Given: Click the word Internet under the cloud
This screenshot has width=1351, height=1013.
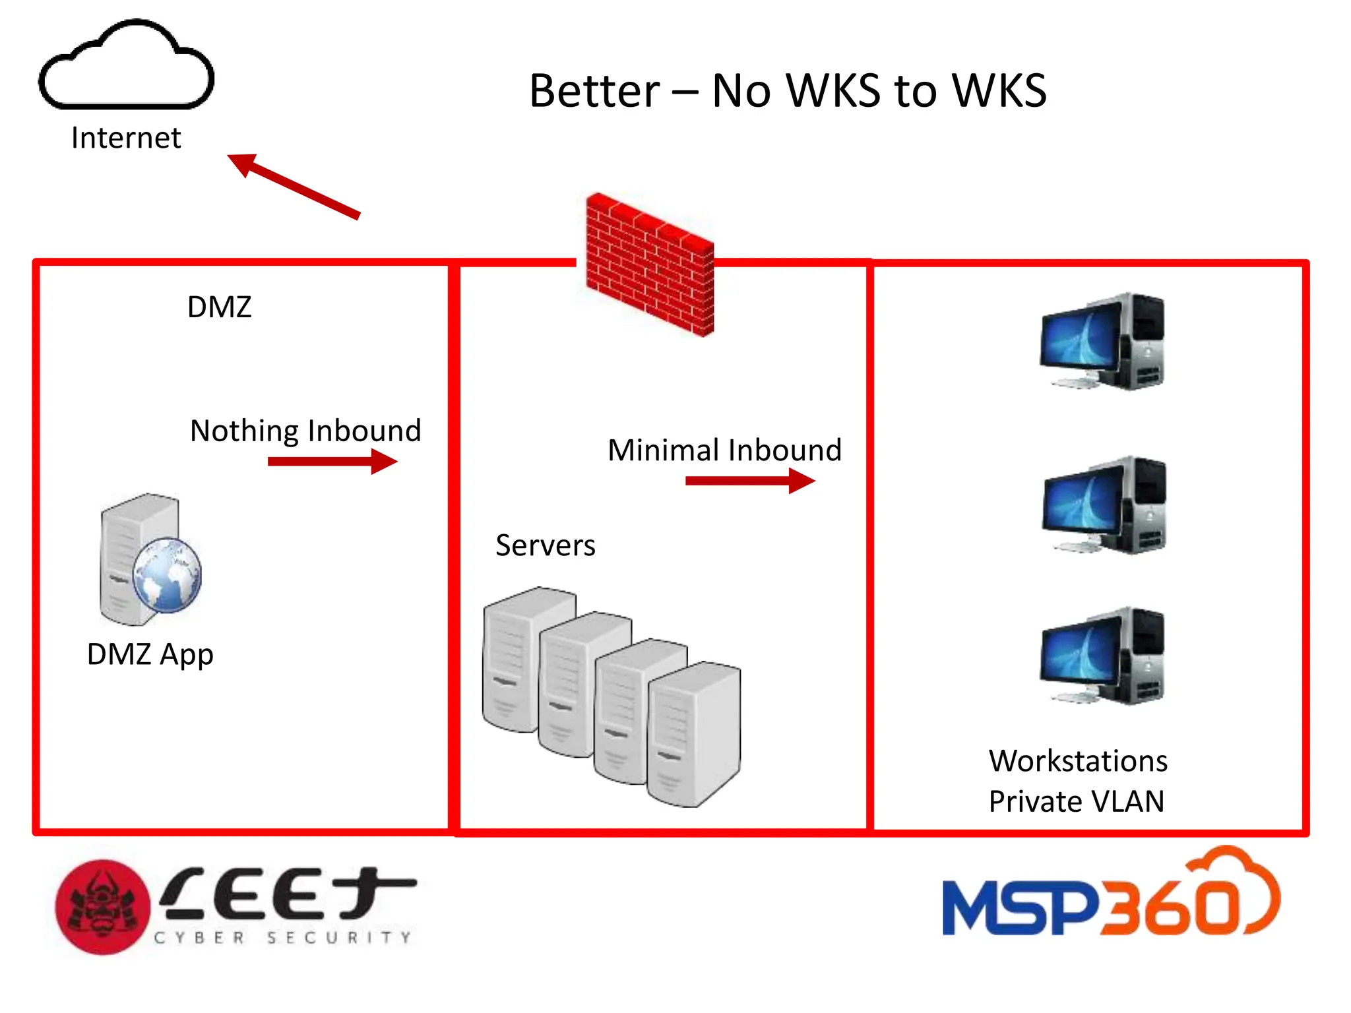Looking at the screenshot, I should (x=125, y=138).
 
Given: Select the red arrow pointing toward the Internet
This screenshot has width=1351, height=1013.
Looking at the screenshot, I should (x=294, y=186).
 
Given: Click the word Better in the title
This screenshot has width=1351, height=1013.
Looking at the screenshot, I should (x=594, y=90).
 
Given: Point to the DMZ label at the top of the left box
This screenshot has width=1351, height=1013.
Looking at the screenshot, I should (x=219, y=307).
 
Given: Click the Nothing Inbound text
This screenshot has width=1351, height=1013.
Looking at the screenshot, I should (x=305, y=431).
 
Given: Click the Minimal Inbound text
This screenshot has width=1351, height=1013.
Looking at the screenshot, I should (x=724, y=450).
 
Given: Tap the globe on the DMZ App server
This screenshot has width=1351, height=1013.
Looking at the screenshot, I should (x=167, y=575).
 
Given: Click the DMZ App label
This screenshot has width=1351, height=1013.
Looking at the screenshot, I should (x=150, y=654).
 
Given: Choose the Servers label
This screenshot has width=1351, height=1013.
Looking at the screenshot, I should (x=545, y=545).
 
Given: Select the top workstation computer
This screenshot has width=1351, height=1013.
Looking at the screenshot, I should (x=1102, y=341).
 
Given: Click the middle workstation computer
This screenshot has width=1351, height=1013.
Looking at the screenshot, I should (x=1104, y=505).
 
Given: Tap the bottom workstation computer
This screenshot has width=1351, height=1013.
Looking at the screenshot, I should (x=1102, y=656).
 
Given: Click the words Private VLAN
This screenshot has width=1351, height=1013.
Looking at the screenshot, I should (x=1076, y=801).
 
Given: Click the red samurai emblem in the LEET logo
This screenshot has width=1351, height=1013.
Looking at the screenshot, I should (x=102, y=907).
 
